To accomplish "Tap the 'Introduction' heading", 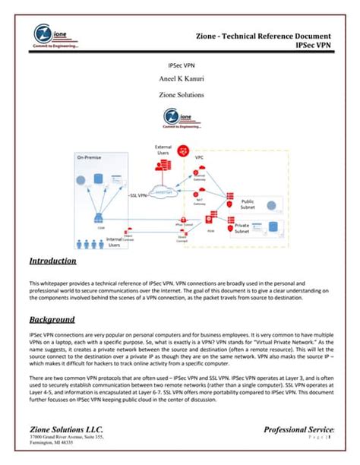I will (53, 261).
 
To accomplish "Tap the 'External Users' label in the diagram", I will (163, 148).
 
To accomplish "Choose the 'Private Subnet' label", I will (242, 228).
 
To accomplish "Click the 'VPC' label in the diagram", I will (200, 158).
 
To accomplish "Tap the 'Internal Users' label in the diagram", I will (114, 242).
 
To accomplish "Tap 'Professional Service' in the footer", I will (298, 431).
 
